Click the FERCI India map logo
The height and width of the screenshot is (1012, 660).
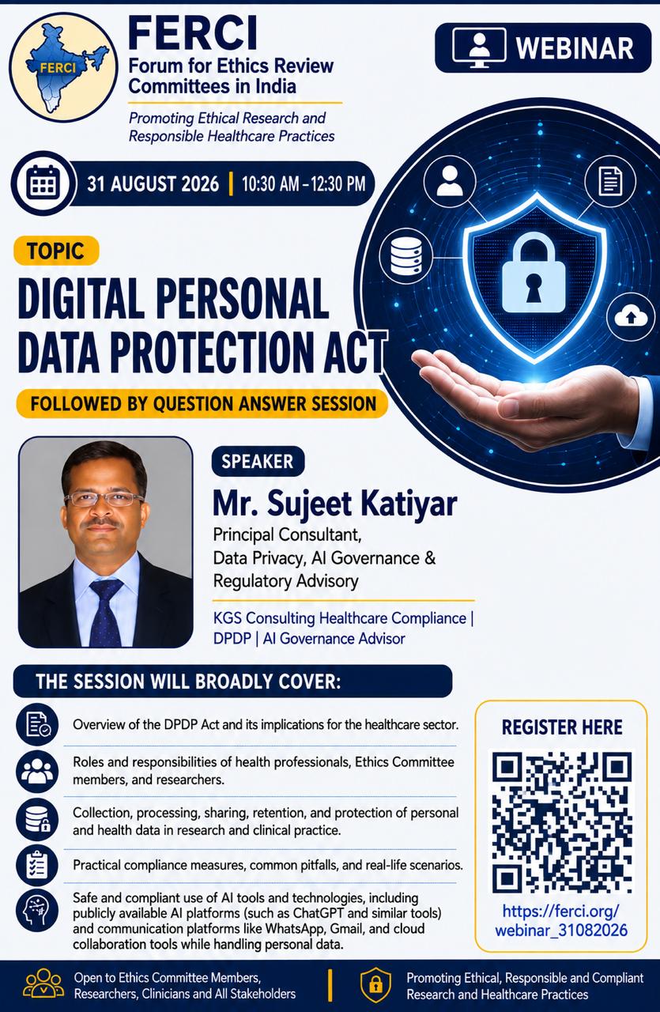[x=59, y=67]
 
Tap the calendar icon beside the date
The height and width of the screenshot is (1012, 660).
[x=43, y=183]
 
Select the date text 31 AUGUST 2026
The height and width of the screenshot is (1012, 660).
[x=153, y=184]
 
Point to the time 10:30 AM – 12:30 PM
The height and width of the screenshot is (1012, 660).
[x=304, y=184]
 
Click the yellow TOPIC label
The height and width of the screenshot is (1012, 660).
[x=56, y=251]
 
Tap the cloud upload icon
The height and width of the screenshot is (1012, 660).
[x=630, y=317]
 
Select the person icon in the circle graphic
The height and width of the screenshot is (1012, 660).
[x=450, y=181]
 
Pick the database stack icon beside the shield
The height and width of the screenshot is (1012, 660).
[x=405, y=255]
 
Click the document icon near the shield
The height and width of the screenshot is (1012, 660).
[x=610, y=181]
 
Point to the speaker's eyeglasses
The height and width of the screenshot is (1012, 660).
[x=103, y=499]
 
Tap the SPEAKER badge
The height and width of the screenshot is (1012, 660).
[x=258, y=461]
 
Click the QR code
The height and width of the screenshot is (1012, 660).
[x=561, y=821]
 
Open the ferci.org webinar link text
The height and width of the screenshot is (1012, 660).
[x=561, y=921]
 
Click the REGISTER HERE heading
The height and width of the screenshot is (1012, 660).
[x=562, y=727]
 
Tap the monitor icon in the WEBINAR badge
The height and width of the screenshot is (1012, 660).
[x=479, y=47]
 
